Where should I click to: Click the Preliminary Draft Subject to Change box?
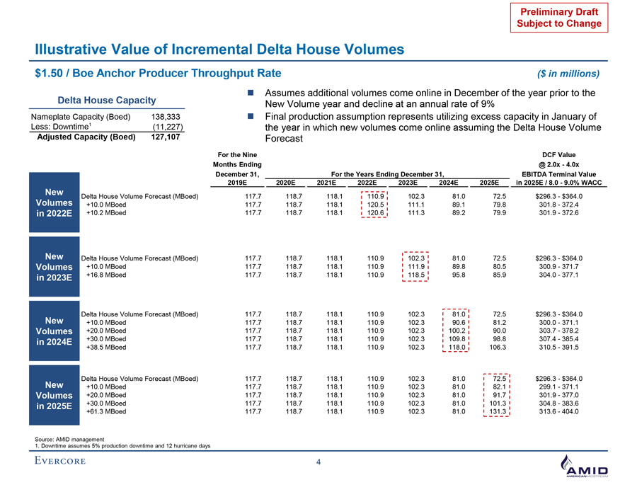pos(556,17)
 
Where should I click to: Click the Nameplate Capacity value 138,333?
pos(165,115)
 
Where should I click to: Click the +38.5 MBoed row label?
pos(106,348)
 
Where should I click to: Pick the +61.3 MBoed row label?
pos(106,411)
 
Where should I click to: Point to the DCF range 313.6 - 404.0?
pos(559,411)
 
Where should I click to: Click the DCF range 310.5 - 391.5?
pos(559,348)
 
